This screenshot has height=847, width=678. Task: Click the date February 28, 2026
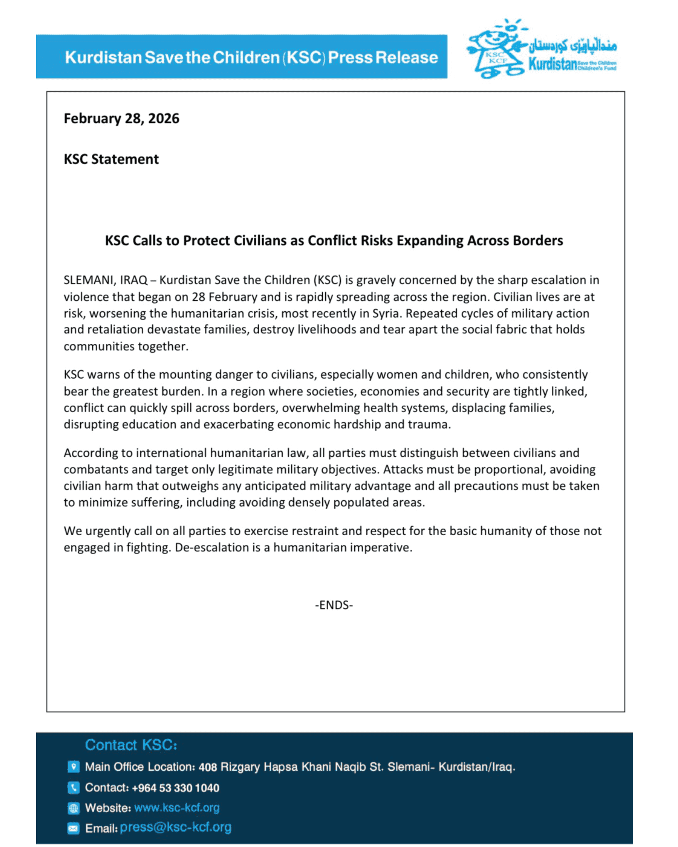tap(121, 119)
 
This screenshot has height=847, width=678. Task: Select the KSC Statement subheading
tap(111, 159)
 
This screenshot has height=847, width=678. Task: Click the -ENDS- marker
tap(334, 605)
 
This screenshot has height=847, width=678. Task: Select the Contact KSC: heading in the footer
tap(131, 745)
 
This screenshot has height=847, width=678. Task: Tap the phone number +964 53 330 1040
tap(175, 788)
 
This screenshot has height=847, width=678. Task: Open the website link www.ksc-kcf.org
tap(177, 808)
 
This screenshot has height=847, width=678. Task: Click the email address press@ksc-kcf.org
tap(175, 827)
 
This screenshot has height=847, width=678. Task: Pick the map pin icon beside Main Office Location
tap(73, 766)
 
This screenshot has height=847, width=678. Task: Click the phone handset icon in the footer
tap(73, 787)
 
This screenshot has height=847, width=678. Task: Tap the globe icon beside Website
tap(73, 808)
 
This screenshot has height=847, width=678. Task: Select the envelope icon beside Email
tap(73, 828)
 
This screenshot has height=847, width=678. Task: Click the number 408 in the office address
tap(208, 767)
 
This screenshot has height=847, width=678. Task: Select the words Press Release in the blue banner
tap(383, 57)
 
